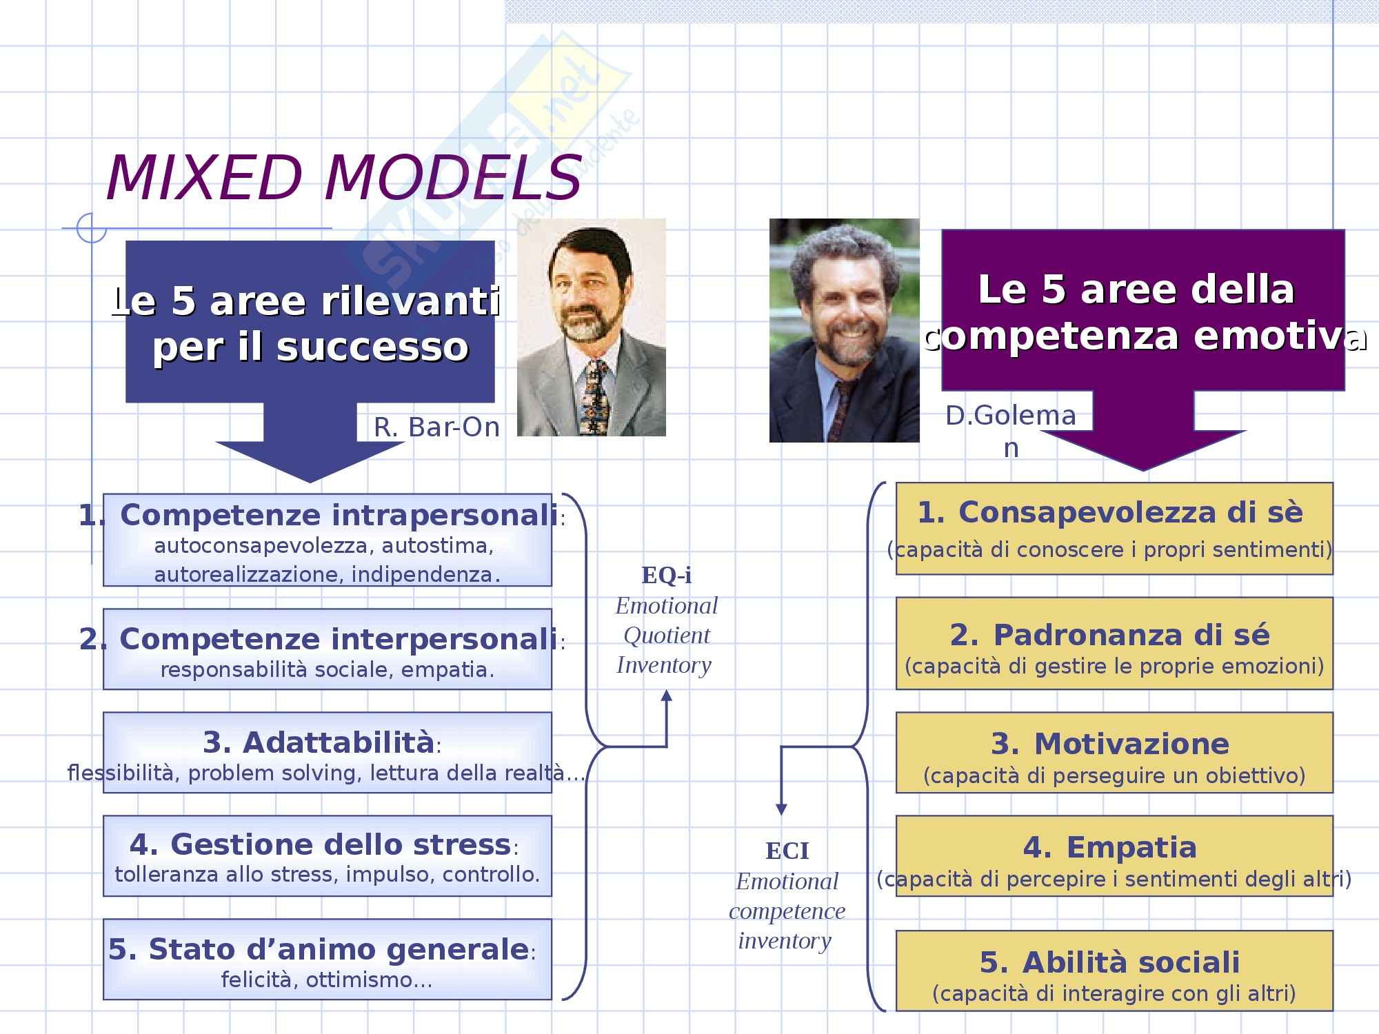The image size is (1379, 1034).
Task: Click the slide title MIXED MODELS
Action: point(344,178)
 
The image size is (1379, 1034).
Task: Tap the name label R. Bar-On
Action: point(436,427)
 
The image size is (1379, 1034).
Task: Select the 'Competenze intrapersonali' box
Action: point(327,540)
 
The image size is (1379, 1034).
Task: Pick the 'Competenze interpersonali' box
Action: point(327,649)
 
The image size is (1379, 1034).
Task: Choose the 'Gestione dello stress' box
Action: point(327,855)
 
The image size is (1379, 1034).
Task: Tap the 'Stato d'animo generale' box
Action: point(327,959)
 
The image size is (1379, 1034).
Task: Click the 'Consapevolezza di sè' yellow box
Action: point(1114,529)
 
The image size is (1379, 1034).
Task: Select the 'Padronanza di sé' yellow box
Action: point(1114,643)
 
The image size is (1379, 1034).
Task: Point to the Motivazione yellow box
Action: point(1114,752)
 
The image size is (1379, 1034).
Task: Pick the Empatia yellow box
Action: point(1114,855)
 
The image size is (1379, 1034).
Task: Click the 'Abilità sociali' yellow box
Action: point(1114,971)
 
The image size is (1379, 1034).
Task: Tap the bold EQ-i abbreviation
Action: point(666,575)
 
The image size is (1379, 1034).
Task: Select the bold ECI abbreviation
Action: point(787,851)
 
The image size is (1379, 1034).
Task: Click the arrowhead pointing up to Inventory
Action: point(666,696)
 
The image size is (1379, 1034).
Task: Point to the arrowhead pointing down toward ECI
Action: point(781,809)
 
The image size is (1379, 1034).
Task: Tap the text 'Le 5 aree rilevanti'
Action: point(305,301)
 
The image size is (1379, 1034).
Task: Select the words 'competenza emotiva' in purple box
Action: point(1145,336)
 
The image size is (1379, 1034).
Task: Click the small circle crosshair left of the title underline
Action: point(91,228)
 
